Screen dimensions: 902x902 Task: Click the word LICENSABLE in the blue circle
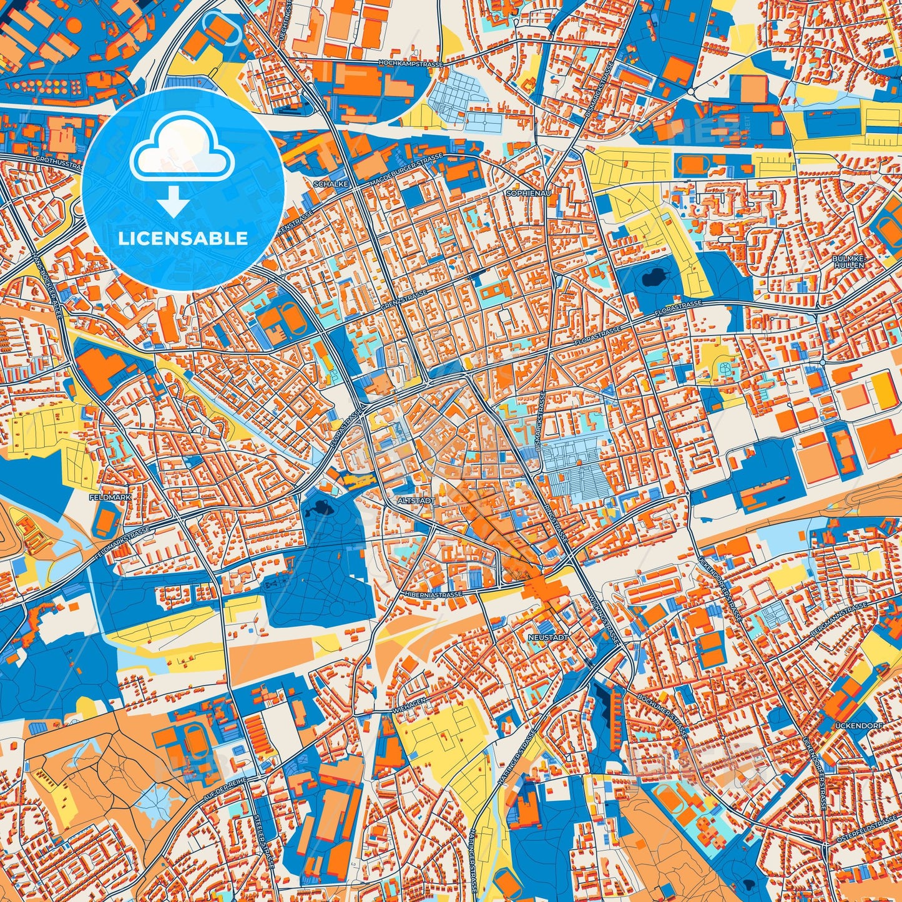(x=184, y=238)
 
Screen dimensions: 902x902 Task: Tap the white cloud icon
(x=182, y=150)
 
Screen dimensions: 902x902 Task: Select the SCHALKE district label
(x=331, y=185)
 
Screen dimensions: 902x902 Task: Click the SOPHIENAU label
(x=529, y=194)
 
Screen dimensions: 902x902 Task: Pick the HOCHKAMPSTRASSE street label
(x=411, y=64)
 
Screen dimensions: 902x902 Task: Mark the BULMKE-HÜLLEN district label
(x=848, y=262)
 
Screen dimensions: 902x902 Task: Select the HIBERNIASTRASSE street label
(x=433, y=594)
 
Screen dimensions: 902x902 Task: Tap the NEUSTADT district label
(x=548, y=637)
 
